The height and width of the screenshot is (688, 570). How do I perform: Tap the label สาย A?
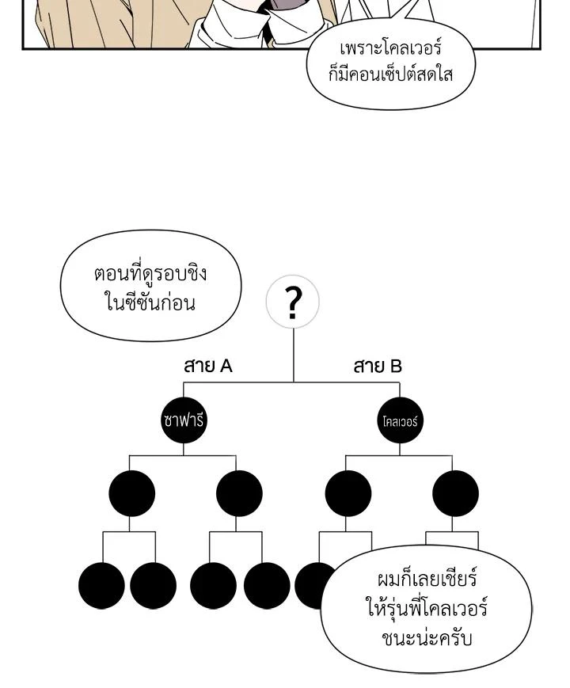(207, 367)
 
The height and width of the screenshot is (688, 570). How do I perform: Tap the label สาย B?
(378, 367)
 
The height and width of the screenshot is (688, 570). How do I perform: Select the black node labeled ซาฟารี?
(183, 420)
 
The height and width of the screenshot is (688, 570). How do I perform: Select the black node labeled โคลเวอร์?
(399, 420)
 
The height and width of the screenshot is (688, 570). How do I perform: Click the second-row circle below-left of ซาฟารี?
(131, 494)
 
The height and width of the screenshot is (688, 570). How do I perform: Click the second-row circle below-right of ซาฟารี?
(239, 494)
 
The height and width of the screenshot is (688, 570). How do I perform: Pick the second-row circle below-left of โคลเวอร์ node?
(348, 494)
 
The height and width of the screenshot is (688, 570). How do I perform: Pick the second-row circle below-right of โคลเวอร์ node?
(455, 494)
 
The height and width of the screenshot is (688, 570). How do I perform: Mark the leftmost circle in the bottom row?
(101, 586)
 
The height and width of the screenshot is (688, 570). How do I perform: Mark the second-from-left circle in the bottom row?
(154, 586)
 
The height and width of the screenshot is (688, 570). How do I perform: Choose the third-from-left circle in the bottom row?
(213, 586)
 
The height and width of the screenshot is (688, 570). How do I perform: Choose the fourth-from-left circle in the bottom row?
(267, 586)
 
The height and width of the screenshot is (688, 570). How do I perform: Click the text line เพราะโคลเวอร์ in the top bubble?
(390, 50)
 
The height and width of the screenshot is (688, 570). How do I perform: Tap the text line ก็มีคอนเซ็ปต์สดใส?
(390, 77)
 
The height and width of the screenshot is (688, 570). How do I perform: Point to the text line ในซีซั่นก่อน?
(150, 302)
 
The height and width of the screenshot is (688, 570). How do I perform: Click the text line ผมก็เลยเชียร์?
(427, 580)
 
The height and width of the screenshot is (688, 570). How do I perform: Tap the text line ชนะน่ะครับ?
(427, 637)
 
